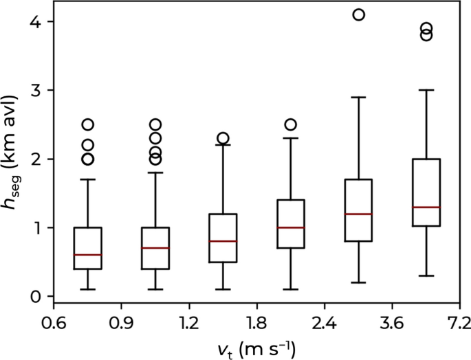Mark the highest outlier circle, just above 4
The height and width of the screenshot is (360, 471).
click(x=358, y=15)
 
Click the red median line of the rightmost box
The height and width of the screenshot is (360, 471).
click(x=426, y=207)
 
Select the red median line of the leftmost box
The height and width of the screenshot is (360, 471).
click(x=87, y=255)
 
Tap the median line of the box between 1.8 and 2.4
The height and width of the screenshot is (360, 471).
click(x=290, y=227)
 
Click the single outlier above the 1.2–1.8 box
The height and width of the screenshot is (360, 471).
click(x=223, y=138)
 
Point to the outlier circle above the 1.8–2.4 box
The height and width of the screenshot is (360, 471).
click(x=290, y=124)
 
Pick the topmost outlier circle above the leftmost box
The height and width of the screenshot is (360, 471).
click(x=87, y=124)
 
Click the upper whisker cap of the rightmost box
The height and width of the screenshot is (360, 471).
click(x=426, y=90)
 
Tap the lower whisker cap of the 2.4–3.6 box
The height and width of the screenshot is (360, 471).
click(x=358, y=282)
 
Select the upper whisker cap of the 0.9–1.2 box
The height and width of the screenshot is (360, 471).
click(x=155, y=172)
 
